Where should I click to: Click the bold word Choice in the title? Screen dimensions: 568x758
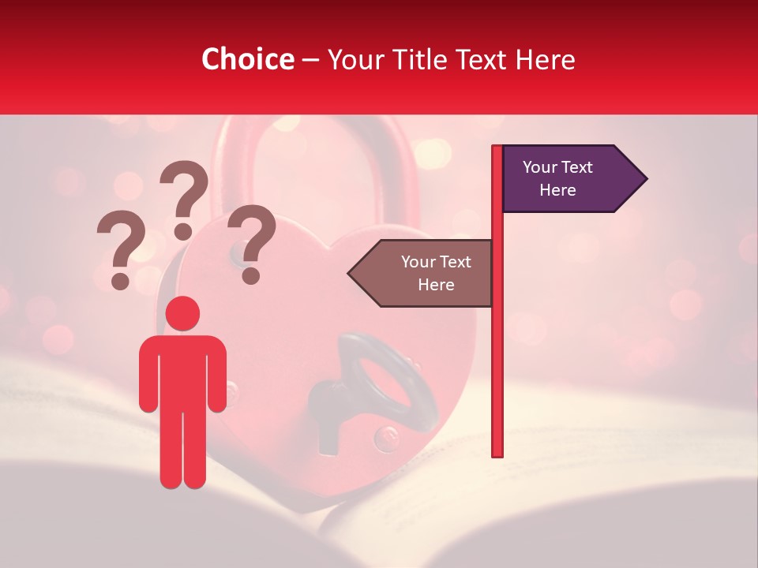point(247,60)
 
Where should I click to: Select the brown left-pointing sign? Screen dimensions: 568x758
point(426,273)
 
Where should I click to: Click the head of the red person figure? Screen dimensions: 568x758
point(182,314)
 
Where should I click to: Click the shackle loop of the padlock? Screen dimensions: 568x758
point(312,158)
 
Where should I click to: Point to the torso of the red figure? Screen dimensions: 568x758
point(182,371)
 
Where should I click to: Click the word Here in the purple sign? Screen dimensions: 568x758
point(557,190)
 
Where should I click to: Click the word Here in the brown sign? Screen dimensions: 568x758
point(436,285)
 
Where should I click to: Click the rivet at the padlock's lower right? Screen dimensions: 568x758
point(385,436)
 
